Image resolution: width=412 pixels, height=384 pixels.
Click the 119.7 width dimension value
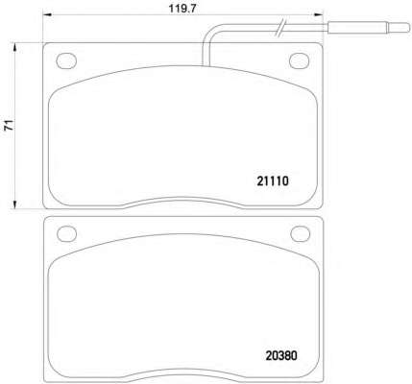click(x=182, y=9)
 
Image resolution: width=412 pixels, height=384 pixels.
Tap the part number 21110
click(x=273, y=181)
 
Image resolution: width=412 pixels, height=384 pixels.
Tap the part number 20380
click(x=281, y=355)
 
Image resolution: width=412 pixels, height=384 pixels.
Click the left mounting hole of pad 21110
click(x=66, y=60)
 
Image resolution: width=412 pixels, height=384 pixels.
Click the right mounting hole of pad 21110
click(x=299, y=60)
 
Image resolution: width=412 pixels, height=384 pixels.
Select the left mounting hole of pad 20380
click(x=67, y=233)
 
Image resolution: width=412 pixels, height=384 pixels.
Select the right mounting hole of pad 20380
click(x=301, y=233)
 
